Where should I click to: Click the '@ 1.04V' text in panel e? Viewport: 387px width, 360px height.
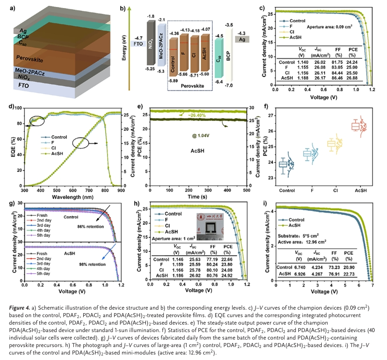tap(197, 136)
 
